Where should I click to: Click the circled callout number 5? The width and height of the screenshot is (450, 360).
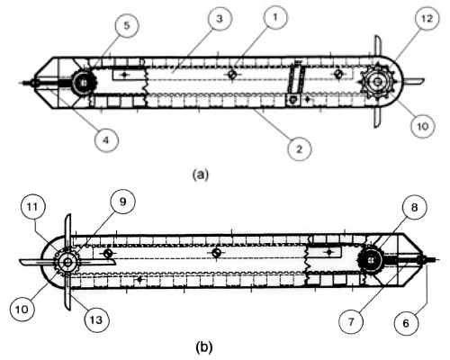coord(127,25)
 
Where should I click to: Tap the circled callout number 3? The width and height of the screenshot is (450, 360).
coord(220,19)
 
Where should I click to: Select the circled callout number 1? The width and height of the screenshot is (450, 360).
coord(275,17)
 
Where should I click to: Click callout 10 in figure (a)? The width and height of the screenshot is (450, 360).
coord(423,126)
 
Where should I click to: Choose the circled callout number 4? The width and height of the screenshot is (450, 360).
coord(106,139)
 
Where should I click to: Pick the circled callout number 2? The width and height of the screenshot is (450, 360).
coord(299,148)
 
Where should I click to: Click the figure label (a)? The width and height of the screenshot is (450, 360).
coord(200,175)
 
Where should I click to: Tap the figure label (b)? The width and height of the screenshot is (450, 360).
coord(204,346)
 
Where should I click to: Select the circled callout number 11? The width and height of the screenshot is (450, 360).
coord(33,206)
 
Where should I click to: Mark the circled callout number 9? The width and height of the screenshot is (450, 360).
coord(122,202)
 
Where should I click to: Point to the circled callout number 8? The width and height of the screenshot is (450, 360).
coord(414,207)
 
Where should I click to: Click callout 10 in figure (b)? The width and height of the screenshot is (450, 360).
coord(22,309)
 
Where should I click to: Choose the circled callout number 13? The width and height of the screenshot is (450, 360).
coord(96,320)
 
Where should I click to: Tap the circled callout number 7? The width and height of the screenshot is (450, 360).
coord(351,322)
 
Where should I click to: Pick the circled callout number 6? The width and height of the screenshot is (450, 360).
coord(406,323)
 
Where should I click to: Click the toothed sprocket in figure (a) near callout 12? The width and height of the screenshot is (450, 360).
coord(378,81)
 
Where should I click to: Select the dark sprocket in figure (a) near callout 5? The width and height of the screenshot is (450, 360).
coord(84,82)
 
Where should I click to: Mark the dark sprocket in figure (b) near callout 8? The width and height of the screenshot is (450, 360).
coord(371,259)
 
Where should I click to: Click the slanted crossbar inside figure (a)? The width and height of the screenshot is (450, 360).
coord(296,78)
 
